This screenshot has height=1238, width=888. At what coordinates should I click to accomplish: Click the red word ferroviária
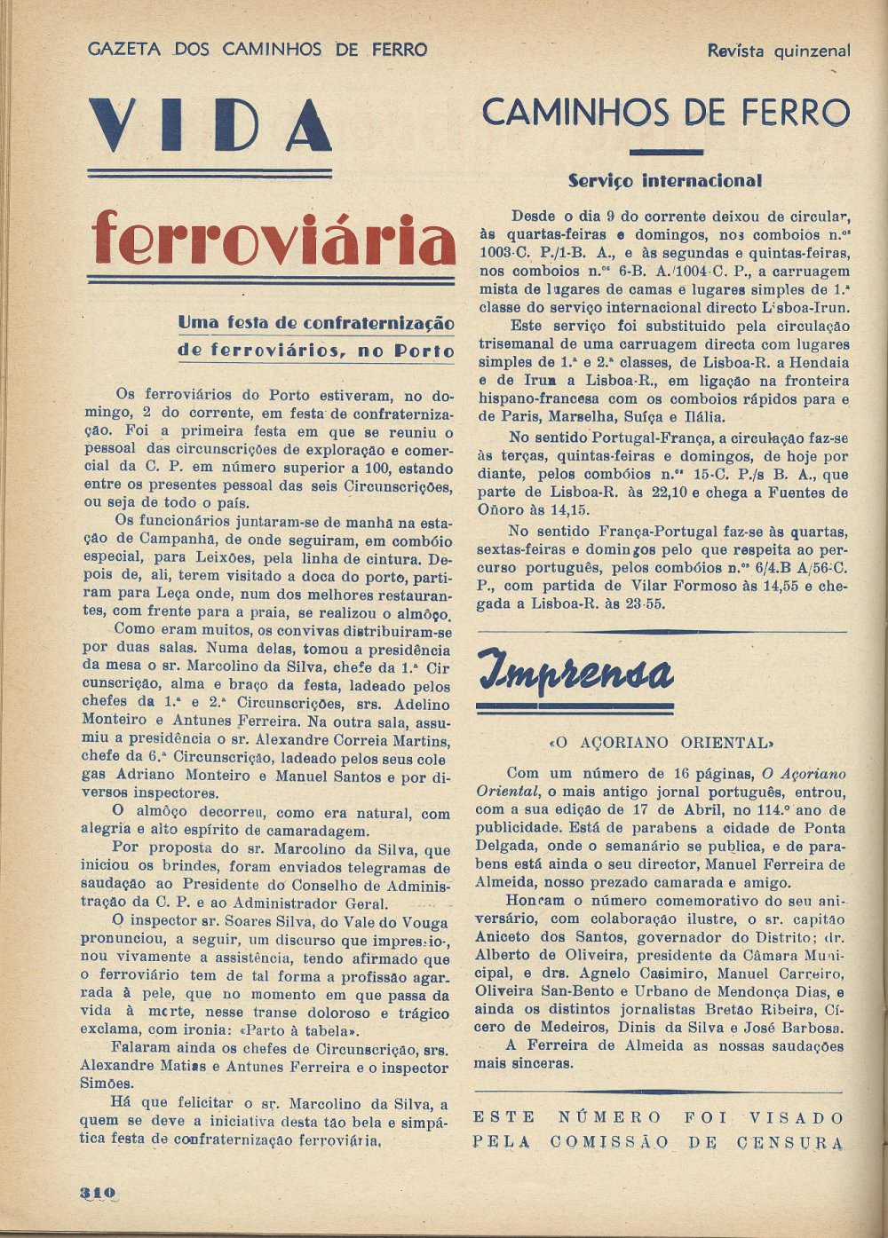tap(273, 240)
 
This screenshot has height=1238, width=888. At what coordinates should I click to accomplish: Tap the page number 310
tap(98, 1193)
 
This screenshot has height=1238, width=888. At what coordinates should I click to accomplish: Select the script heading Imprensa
tap(575, 672)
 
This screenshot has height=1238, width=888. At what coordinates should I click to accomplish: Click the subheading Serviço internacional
tap(664, 181)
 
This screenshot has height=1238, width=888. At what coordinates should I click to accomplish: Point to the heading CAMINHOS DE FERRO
tap(665, 114)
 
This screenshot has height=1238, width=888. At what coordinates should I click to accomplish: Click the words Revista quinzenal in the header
tap(778, 51)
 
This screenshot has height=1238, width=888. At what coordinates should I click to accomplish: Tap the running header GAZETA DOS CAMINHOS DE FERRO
tap(258, 50)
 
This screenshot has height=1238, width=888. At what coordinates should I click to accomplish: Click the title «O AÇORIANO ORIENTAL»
tap(662, 742)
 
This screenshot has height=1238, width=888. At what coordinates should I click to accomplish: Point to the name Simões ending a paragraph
tap(107, 1084)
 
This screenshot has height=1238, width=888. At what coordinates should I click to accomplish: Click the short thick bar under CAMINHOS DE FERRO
tap(665, 152)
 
